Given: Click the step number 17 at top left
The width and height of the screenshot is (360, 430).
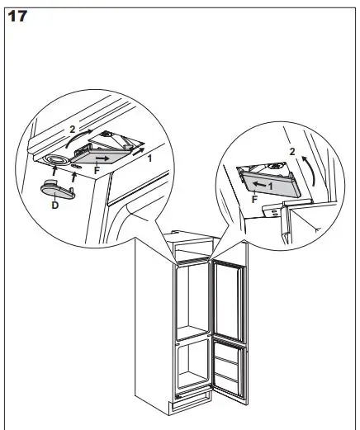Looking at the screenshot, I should click(17, 15).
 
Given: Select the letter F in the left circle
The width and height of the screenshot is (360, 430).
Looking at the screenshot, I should click(97, 171).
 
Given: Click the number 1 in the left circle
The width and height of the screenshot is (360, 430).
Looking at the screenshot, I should click(149, 157).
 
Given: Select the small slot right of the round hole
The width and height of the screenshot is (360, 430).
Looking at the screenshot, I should click(77, 166).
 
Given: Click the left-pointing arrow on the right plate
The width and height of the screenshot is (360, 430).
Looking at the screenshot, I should click(259, 184).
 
